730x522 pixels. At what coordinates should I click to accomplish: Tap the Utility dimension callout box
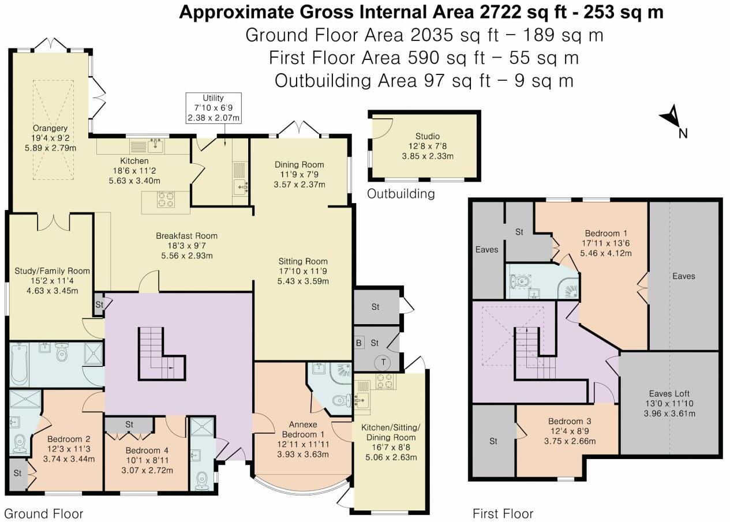213,108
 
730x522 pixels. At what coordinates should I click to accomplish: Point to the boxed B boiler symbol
359,343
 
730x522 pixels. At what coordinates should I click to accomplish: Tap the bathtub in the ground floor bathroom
20,365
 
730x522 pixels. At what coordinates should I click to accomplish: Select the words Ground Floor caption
44,513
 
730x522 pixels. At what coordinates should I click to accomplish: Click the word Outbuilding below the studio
401,194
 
